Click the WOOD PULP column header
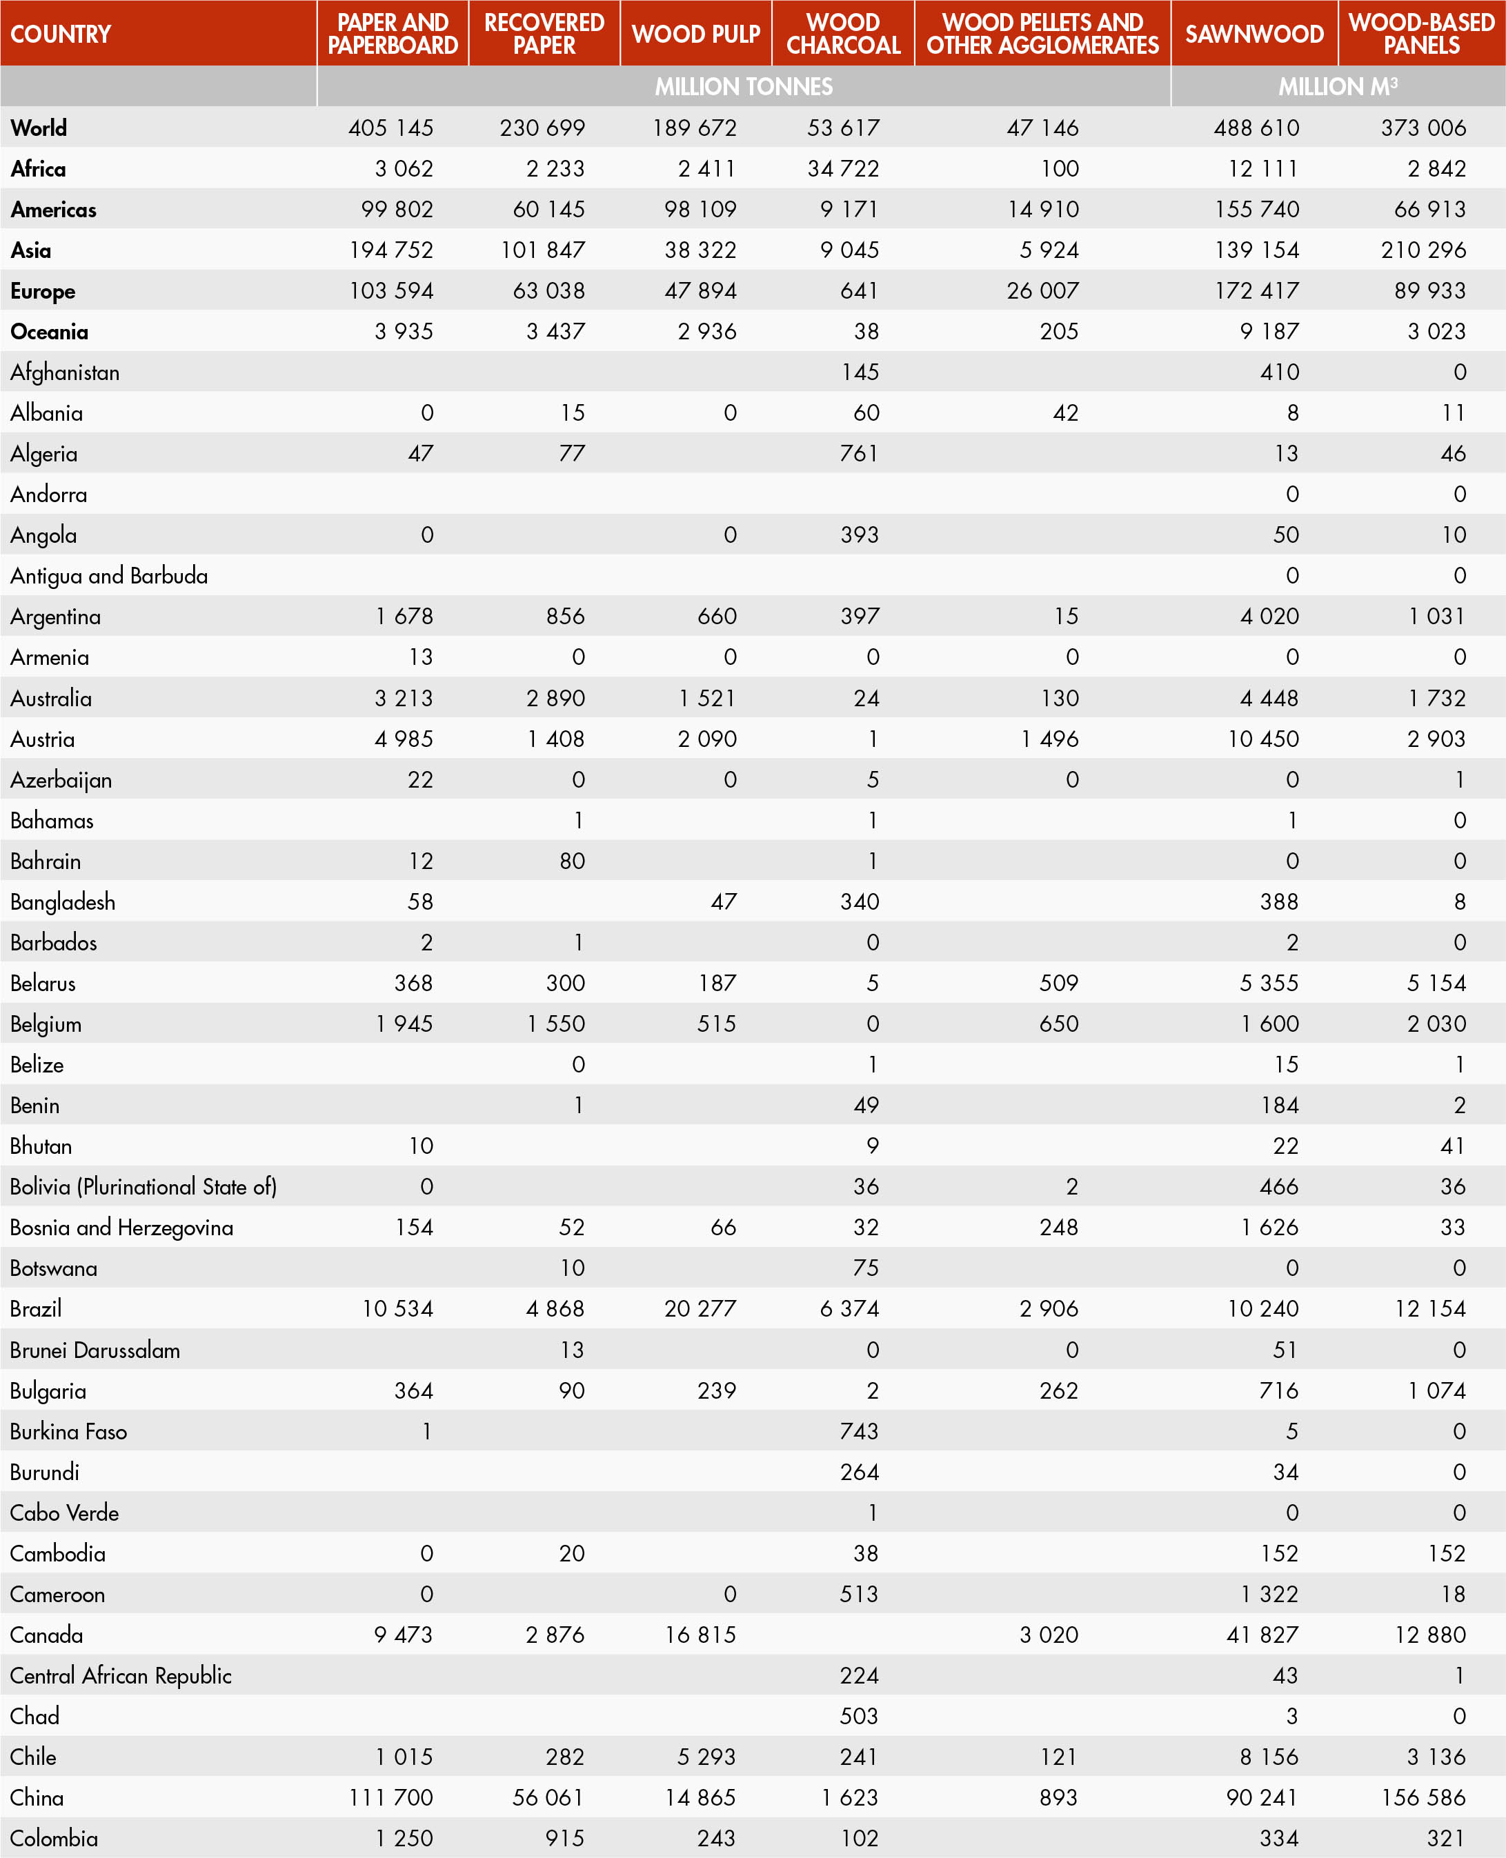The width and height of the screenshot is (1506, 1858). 696,34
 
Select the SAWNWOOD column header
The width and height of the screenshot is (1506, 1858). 1254,34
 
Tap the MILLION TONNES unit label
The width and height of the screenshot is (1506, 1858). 744,87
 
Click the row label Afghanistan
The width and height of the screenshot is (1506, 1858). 65,372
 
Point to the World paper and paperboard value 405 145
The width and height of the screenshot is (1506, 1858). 390,128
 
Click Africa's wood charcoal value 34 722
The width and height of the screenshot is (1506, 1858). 843,169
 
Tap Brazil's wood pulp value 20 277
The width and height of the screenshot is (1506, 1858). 700,1308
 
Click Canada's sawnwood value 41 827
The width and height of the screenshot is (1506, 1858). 1262,1635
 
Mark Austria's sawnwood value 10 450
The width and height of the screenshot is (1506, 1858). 1263,739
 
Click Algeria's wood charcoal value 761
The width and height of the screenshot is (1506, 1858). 859,454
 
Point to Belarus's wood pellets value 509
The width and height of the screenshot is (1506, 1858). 1058,983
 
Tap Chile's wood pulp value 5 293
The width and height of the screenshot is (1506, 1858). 706,1757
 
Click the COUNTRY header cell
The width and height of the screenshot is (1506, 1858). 61,34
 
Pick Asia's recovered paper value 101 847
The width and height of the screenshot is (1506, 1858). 542,250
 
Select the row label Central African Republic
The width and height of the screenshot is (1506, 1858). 121,1675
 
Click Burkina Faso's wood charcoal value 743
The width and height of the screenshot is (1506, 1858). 859,1431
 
